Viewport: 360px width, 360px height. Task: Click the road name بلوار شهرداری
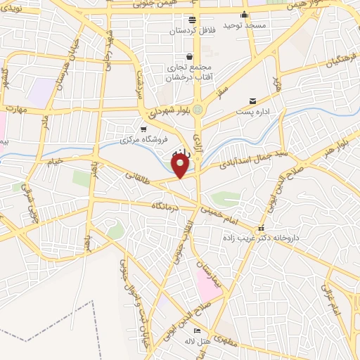coord(168,111)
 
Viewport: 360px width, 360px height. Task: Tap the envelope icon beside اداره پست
coord(252,101)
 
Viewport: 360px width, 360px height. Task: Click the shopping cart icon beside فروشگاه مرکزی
coord(144,129)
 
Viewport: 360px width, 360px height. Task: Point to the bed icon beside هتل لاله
coord(196,330)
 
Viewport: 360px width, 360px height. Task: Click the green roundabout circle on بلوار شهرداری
coord(198,110)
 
